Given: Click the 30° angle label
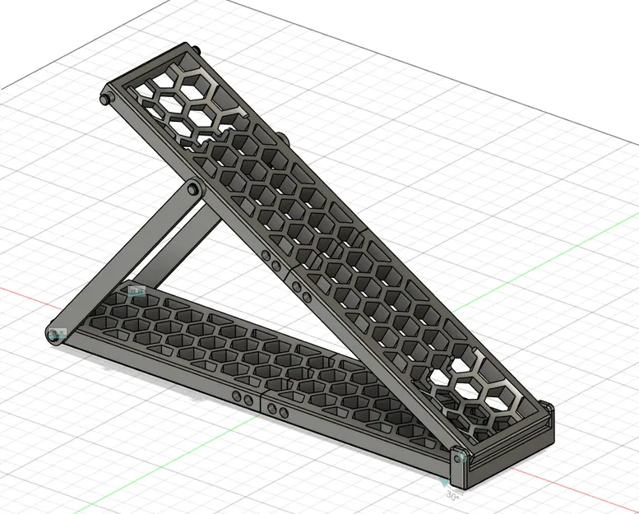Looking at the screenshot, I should coord(451,496).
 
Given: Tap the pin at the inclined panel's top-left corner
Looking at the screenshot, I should coord(104,99).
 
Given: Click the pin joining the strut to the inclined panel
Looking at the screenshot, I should coord(193,191).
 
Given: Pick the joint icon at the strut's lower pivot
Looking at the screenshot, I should coord(57,334).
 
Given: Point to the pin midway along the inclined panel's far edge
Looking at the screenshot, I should coord(280,137).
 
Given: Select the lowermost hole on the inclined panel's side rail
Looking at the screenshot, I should coord(305,298).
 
